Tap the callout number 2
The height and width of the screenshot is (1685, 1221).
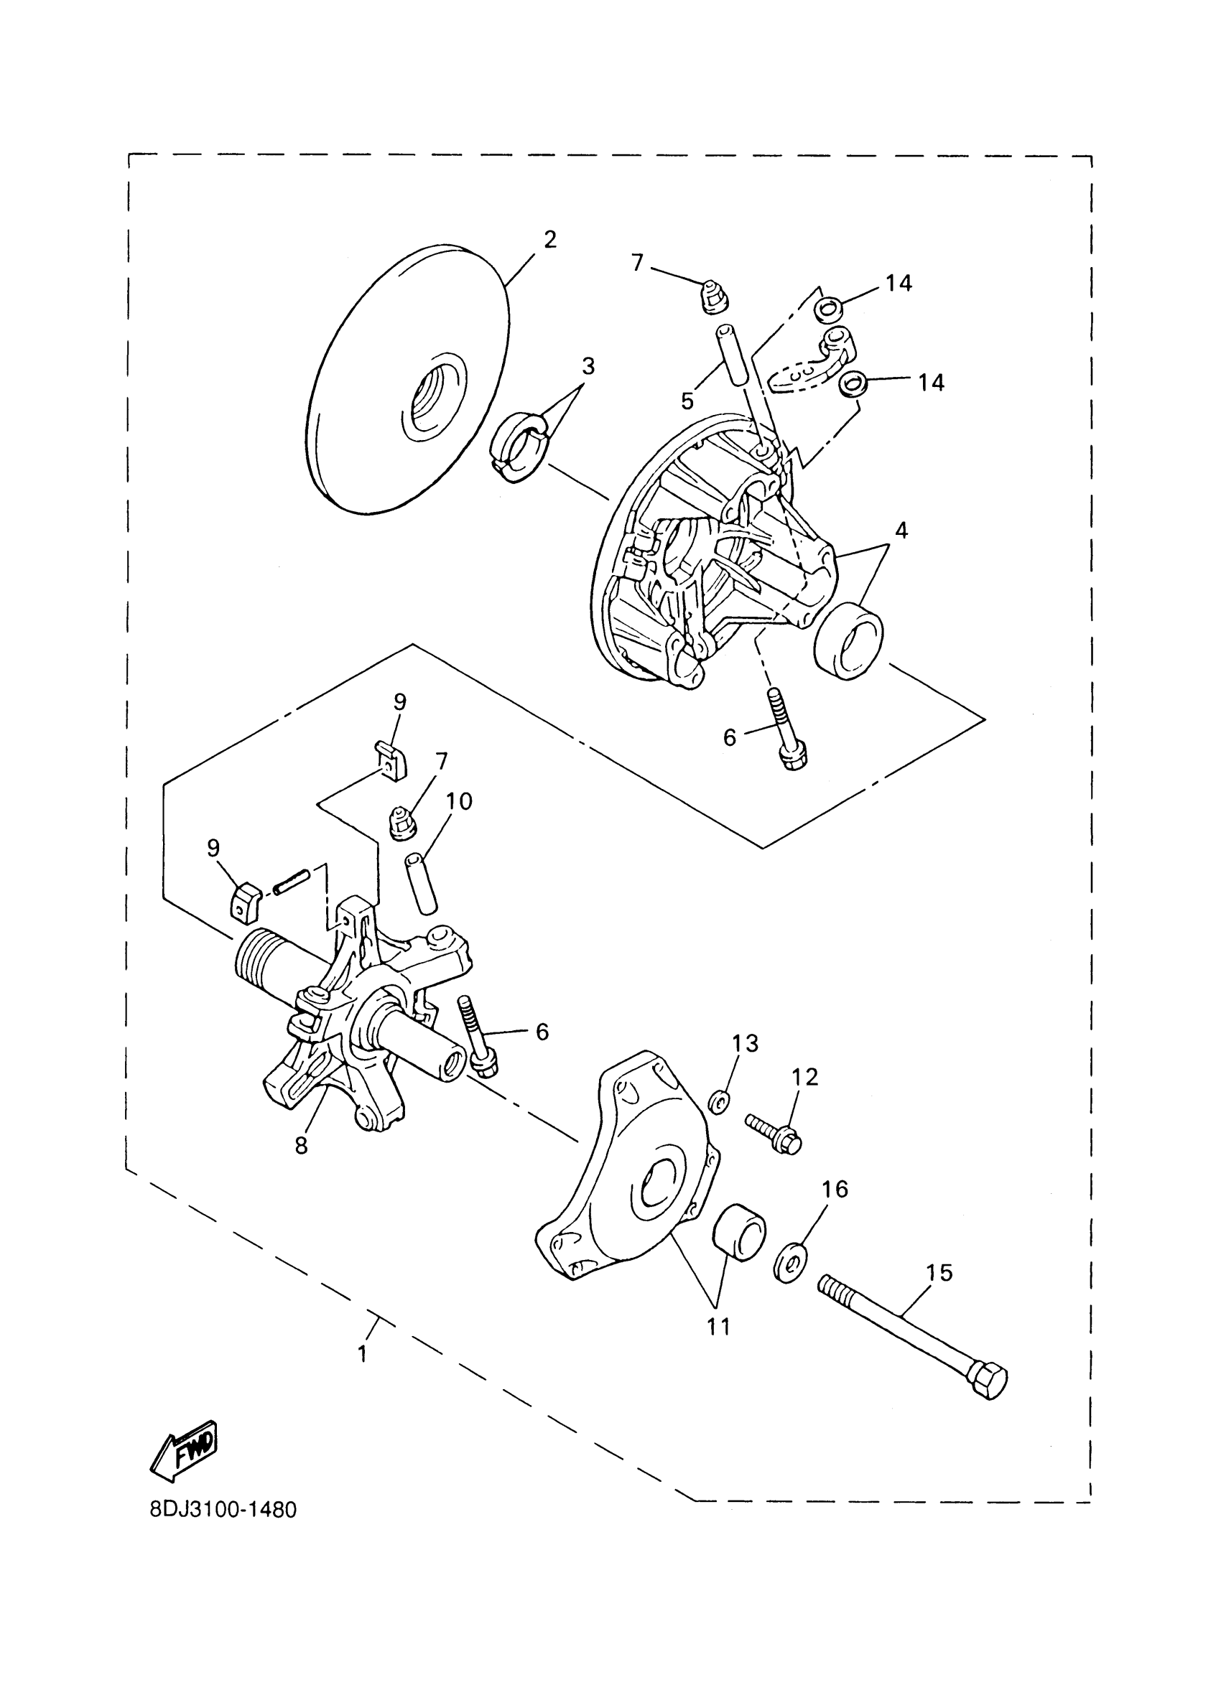pyautogui.click(x=549, y=239)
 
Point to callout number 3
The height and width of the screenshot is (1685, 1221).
pyautogui.click(x=588, y=366)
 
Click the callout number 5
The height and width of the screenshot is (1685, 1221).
pyautogui.click(x=687, y=401)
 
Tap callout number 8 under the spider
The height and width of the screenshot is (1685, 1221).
pyautogui.click(x=301, y=1147)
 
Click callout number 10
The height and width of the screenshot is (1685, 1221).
pyautogui.click(x=458, y=801)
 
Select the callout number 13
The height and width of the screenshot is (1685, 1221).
pyautogui.click(x=745, y=1043)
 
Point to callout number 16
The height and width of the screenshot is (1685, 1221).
pyautogui.click(x=835, y=1190)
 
